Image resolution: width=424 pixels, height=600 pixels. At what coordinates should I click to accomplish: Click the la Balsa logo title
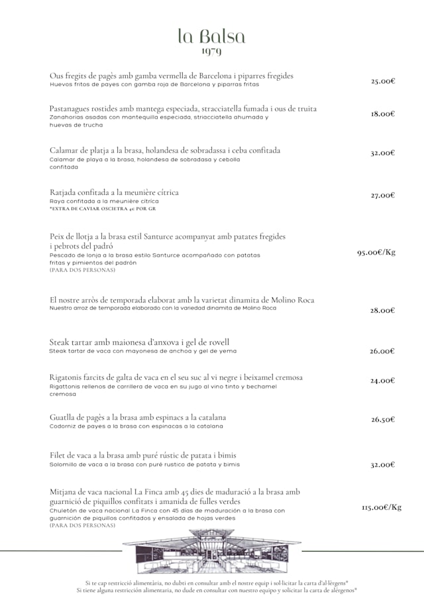(211, 36)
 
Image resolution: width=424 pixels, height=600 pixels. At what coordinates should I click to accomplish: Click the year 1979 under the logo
(211, 51)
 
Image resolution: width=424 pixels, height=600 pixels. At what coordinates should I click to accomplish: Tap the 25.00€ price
(383, 81)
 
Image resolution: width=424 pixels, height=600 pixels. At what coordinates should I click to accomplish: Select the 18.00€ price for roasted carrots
(383, 113)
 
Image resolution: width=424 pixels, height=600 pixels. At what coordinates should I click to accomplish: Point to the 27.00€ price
(383, 195)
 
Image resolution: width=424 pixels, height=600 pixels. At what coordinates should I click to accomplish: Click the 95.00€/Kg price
(376, 252)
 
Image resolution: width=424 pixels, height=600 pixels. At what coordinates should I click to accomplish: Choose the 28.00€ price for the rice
(383, 310)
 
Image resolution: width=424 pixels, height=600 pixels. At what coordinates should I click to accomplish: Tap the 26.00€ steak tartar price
(383, 351)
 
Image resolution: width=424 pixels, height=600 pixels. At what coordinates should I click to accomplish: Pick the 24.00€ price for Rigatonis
(383, 381)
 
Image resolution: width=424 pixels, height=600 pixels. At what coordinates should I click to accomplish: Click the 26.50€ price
(383, 419)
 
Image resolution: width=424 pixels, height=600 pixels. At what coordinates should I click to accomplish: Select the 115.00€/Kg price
(382, 507)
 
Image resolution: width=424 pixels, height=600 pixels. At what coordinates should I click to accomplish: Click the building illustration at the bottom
(212, 552)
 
